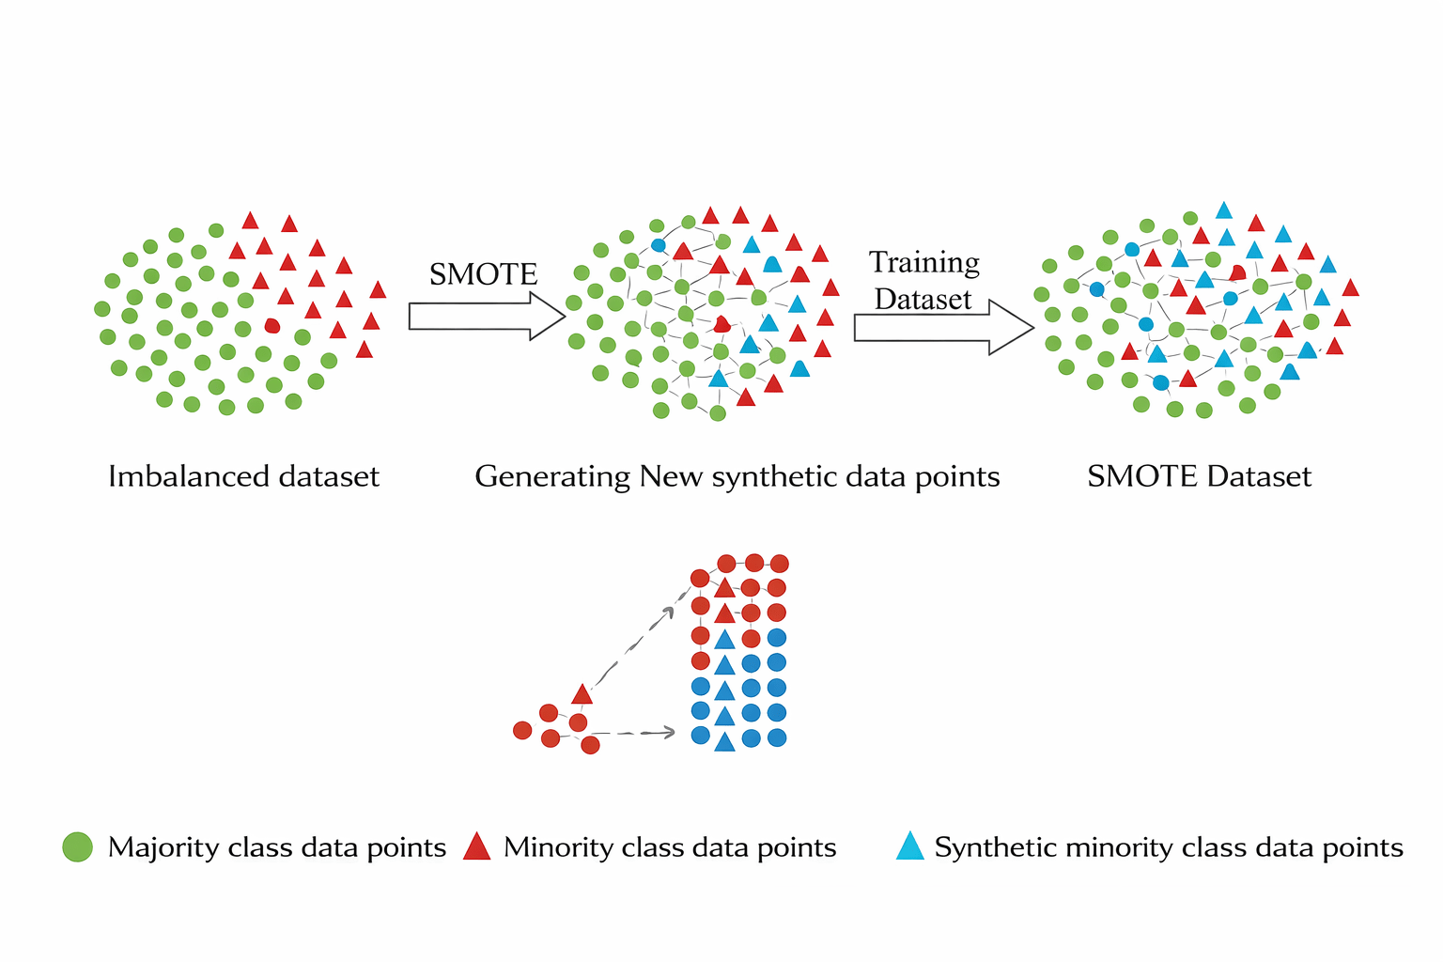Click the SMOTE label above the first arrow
click(483, 274)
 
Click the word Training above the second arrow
click(923, 263)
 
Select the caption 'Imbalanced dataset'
click(243, 476)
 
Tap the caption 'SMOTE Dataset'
click(1199, 476)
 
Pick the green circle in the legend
click(77, 846)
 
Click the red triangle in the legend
click(477, 846)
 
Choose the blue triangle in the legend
click(909, 846)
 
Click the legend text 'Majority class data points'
click(277, 847)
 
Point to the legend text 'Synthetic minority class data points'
click(1169, 847)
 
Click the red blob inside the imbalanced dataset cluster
click(272, 325)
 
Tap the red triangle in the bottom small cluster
click(582, 694)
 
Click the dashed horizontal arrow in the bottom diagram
click(634, 733)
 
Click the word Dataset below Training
click(923, 300)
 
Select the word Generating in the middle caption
click(552, 476)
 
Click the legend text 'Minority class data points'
click(670, 847)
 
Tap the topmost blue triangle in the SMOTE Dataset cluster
click(1223, 210)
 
